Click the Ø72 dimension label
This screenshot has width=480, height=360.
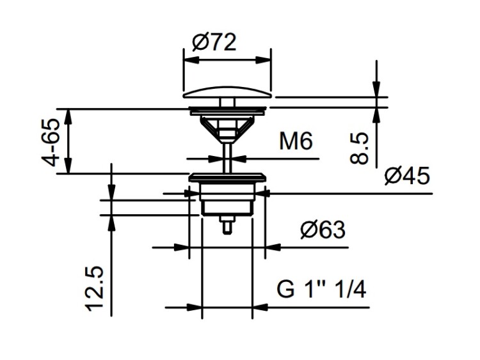click(214, 42)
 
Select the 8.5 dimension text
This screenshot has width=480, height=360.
click(360, 148)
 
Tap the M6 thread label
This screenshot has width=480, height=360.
click(296, 141)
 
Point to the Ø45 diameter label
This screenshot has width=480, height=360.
click(407, 176)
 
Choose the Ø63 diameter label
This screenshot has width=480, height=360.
click(323, 230)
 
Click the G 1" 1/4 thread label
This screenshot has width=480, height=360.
click(321, 290)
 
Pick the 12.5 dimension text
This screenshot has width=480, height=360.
click(95, 290)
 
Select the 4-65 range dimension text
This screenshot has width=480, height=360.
click(50, 142)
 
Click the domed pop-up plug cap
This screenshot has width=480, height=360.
click(227, 92)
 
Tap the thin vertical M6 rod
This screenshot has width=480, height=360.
click(227, 157)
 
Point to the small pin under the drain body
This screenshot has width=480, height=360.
click(227, 226)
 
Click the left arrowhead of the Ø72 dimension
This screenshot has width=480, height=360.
click(191, 60)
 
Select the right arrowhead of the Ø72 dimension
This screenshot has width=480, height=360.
click(264, 60)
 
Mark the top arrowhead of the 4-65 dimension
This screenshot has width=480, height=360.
click(69, 116)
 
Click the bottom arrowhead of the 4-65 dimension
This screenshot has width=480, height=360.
click(69, 166)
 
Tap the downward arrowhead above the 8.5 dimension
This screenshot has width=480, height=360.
click(376, 90)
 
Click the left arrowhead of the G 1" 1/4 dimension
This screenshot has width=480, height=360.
click(195, 308)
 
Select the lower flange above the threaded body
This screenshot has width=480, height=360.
click(226, 178)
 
